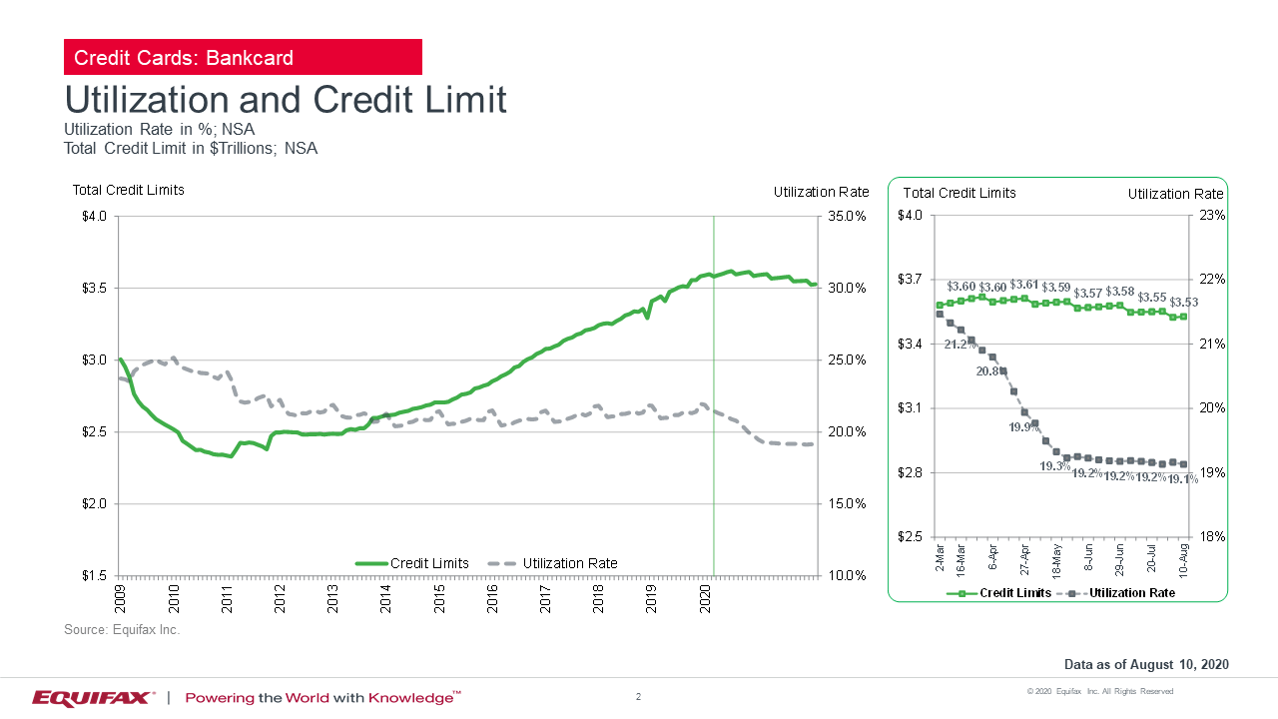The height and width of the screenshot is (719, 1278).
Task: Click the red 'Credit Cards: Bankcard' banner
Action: click(243, 57)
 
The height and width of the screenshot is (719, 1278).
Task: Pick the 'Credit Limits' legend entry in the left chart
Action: click(428, 563)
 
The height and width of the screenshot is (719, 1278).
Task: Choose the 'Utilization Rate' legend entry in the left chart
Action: click(569, 563)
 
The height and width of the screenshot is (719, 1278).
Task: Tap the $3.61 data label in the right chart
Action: click(1025, 285)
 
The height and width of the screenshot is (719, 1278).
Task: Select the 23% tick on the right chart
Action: click(1211, 216)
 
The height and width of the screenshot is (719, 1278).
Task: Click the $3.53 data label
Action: click(1183, 302)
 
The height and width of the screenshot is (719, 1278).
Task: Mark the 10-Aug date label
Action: click(1183, 560)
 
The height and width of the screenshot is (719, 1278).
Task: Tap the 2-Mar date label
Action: click(940, 556)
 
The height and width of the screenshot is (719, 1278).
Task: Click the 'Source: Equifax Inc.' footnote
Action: click(122, 630)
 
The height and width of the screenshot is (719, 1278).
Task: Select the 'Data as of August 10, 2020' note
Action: click(1146, 665)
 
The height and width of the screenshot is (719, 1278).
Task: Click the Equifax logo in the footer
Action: click(93, 697)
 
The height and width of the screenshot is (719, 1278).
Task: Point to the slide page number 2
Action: click(638, 696)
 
